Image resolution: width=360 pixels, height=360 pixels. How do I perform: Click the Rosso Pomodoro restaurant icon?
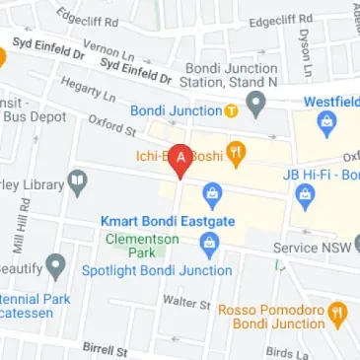[336, 314]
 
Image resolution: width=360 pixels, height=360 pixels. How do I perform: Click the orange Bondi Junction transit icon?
[230, 109]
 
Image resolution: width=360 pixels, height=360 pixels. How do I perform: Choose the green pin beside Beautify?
[56, 264]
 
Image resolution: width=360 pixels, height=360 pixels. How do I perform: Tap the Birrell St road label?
[106, 350]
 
